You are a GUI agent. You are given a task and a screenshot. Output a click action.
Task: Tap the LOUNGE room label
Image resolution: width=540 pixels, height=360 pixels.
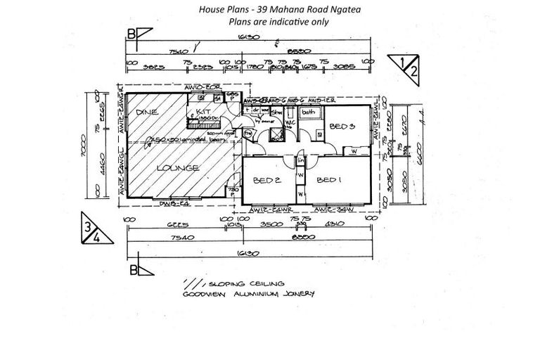coord(179,168)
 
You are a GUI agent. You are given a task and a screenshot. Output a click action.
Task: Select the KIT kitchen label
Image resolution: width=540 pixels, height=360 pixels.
coord(202,112)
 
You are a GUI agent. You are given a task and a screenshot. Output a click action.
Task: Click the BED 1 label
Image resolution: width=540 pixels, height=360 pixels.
coord(328,180)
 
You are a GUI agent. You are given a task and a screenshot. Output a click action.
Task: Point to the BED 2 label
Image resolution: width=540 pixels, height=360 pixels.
coord(268,180)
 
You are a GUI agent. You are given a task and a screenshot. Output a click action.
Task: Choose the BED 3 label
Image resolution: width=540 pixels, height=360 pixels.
coord(342,126)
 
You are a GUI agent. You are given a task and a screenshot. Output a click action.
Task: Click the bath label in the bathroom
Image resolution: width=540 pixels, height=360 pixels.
coord(308,112)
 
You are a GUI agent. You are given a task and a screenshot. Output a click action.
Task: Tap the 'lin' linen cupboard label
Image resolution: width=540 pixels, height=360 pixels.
coord(300,162)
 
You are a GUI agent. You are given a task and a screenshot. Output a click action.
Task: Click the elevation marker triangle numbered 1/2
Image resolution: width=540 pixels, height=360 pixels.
coord(409,67)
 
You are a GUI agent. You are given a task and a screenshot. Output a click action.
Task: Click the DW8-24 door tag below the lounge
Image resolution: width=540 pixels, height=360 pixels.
coord(173,205)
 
